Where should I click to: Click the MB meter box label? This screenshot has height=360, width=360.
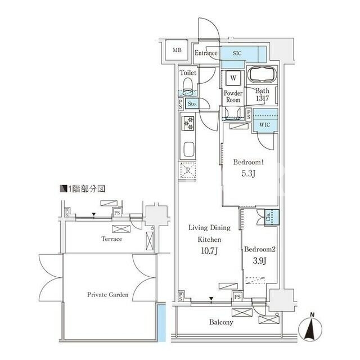coord(177,50)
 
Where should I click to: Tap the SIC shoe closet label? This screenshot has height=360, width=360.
coord(237,53)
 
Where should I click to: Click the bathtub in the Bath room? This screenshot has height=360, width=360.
coord(262,74)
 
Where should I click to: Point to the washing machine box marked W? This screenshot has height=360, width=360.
coord(233,78)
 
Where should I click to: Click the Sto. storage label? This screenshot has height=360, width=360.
coord(192,103)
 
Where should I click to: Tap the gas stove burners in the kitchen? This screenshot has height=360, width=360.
coord(188,123)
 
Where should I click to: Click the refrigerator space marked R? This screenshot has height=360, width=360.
coord(188,170)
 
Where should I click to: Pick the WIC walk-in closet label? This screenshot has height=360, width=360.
coord(264,125)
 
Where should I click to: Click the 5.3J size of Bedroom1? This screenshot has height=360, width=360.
coord(249,173)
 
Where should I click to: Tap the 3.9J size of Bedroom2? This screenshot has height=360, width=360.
coord(260,260)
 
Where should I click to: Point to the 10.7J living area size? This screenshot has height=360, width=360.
coord(209,251)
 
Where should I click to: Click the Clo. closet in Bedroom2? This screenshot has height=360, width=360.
coord(272,217)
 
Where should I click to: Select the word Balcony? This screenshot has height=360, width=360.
coord(221,322)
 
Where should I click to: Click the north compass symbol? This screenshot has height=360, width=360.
coord(310,327)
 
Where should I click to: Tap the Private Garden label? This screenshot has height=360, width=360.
coord(107,295)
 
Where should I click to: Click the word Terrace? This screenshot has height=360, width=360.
coord(112,239)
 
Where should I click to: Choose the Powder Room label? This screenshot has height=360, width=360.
coord(233,96)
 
